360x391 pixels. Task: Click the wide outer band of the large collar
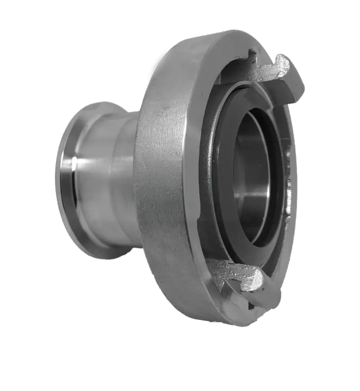tap(162, 180)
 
